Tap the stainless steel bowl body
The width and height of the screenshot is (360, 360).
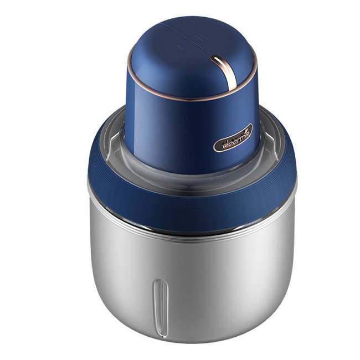[x=222, y=277]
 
